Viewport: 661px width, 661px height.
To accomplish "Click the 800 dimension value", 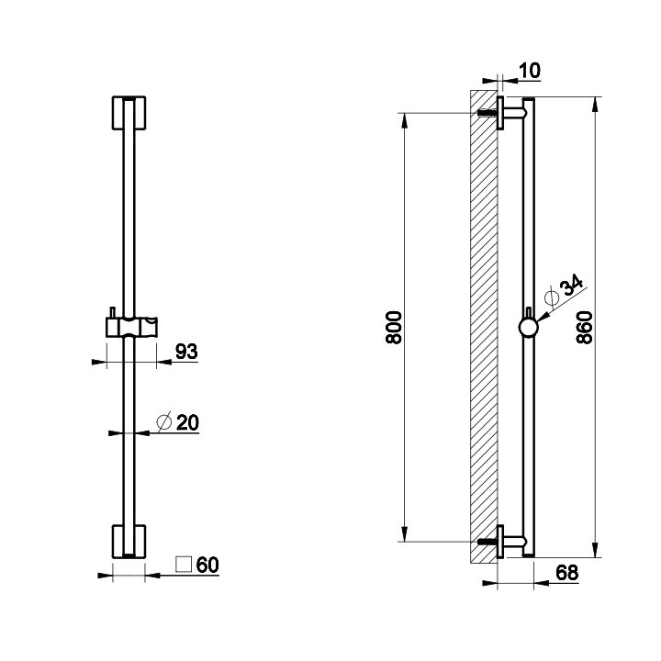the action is click(394, 328).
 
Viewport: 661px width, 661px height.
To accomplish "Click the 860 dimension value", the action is click(584, 328).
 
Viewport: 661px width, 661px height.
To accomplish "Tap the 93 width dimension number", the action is click(186, 351).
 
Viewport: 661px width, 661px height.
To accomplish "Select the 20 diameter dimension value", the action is click(187, 422).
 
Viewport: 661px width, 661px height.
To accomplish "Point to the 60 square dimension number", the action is click(207, 565).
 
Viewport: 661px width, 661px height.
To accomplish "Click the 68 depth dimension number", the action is click(567, 573).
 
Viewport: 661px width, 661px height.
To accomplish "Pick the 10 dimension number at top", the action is click(530, 71).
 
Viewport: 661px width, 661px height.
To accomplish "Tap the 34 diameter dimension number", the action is click(573, 286).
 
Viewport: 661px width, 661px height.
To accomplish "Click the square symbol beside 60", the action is click(184, 565).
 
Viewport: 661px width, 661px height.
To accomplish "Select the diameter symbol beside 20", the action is click(164, 422).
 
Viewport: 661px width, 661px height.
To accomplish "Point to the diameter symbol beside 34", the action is click(552, 297).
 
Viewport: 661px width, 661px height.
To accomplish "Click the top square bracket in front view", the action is click(129, 113).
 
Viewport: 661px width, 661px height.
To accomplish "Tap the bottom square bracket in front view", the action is click(129, 542).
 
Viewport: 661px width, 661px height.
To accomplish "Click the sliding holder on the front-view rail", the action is click(131, 327).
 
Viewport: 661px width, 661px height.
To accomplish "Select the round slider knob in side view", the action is click(528, 327).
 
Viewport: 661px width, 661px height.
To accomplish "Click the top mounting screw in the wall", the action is click(487, 113).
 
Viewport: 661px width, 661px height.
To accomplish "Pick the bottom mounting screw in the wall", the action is click(487, 542).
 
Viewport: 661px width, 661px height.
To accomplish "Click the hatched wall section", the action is click(484, 326).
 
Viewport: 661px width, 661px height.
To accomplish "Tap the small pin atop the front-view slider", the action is click(113, 312).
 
